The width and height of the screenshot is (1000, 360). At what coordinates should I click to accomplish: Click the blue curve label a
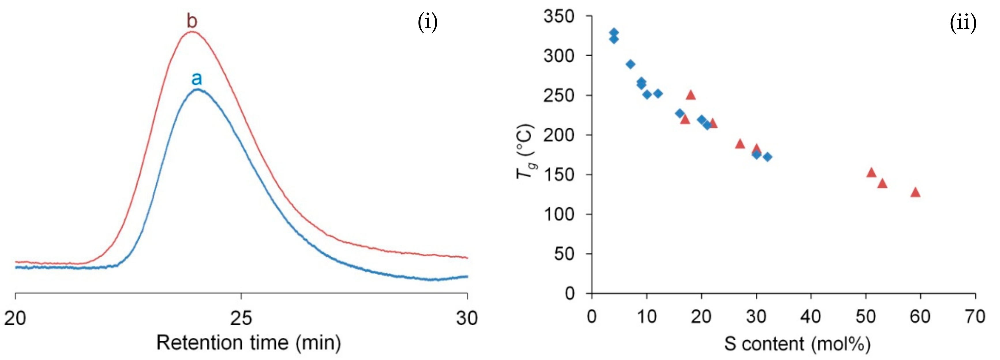197,79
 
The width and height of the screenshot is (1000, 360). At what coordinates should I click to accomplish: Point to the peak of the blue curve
198,89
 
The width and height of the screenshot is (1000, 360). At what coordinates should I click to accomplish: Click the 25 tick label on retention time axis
241,318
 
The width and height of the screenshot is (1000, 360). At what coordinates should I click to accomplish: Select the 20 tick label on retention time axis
15,318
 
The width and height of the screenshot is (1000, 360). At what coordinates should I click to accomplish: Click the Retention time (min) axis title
248,343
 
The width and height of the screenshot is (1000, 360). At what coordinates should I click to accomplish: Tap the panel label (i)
427,23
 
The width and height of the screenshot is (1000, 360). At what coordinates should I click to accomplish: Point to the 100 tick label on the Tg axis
559,214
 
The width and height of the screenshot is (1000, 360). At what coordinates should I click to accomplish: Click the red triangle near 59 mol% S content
915,192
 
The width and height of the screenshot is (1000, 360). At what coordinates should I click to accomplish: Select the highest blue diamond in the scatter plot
614,32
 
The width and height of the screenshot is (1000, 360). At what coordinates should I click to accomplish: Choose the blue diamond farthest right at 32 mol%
767,157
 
